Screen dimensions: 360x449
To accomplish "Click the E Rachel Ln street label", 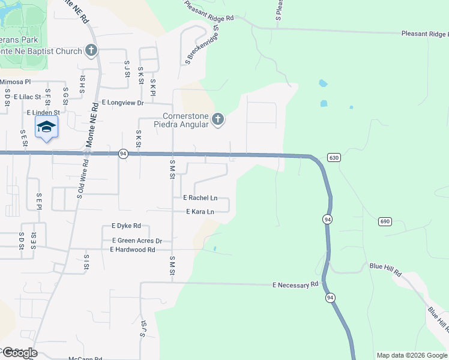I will (200, 198).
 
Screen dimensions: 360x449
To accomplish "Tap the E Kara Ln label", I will (200, 212).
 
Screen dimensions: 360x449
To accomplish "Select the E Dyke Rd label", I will (126, 226).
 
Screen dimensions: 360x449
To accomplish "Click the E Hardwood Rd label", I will (133, 249).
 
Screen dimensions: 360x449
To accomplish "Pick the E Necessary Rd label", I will (295, 285).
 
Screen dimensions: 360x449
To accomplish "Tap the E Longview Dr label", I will (123, 103).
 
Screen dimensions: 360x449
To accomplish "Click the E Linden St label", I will (43, 112).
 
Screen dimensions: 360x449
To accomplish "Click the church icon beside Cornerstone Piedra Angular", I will (217, 121).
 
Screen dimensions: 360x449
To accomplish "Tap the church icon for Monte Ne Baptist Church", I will (91, 50).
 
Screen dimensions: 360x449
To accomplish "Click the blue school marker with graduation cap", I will (46, 127).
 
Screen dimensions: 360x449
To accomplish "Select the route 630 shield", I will (334, 157).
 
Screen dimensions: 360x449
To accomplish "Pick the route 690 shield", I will (385, 221).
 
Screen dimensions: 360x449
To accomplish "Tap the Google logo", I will (19, 353).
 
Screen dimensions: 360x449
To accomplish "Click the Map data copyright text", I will (412, 355).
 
